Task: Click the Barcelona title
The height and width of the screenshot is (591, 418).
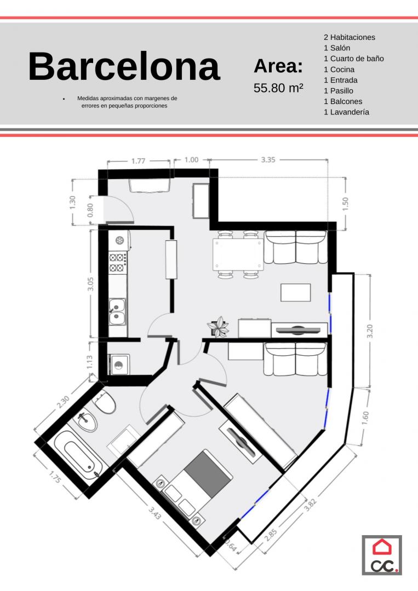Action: coord(124,67)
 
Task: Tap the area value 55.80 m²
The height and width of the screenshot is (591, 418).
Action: coord(278,88)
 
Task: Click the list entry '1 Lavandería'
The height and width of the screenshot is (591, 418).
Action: coord(346,112)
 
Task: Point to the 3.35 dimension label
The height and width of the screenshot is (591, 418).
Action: coord(268,160)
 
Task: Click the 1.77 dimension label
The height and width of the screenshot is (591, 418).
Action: coord(138,161)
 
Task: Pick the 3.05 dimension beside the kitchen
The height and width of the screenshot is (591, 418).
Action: coord(90,283)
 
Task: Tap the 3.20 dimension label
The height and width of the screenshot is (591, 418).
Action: coord(370,331)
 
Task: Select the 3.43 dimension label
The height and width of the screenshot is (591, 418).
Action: coord(155,513)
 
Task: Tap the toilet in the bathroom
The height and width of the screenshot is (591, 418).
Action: coord(105,402)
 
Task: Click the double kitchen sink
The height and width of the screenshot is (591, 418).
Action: coord(117,312)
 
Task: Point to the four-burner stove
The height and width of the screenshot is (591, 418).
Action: coord(117,263)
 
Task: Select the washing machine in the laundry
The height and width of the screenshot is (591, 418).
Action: coord(119,364)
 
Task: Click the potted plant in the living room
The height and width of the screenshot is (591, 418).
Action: coord(218,326)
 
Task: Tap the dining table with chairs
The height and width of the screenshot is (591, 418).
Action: coord(238,255)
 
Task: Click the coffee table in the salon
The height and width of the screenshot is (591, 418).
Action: coord(295,292)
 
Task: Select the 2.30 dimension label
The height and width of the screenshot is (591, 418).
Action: coord(64,402)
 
